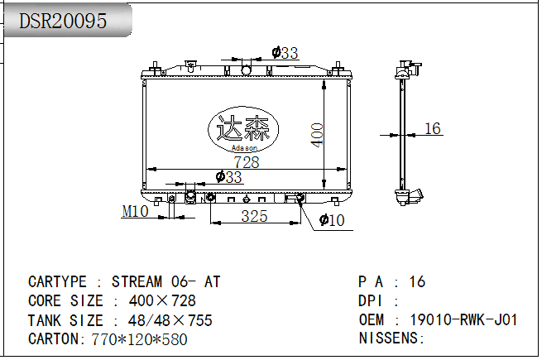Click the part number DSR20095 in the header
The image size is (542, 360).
click(63, 21)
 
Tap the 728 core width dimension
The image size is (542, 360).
click(247, 162)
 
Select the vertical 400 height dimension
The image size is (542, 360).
click(317, 135)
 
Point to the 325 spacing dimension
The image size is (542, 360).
click(254, 217)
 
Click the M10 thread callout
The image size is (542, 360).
click(135, 211)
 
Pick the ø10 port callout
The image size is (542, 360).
click(332, 220)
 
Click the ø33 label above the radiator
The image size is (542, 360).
click(285, 53)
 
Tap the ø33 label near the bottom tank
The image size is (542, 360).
click(228, 177)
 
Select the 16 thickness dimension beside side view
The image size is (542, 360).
click(433, 128)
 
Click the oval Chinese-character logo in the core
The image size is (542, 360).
click(243, 129)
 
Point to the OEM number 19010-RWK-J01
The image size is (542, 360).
click(463, 320)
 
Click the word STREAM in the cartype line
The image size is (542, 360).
click(137, 282)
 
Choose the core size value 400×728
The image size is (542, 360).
click(162, 301)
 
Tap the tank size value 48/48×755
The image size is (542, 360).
click(170, 320)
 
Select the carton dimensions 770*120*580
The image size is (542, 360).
click(139, 339)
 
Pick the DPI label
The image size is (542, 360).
click(371, 301)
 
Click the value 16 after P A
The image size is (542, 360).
click(417, 282)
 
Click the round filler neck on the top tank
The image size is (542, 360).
click(246, 70)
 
